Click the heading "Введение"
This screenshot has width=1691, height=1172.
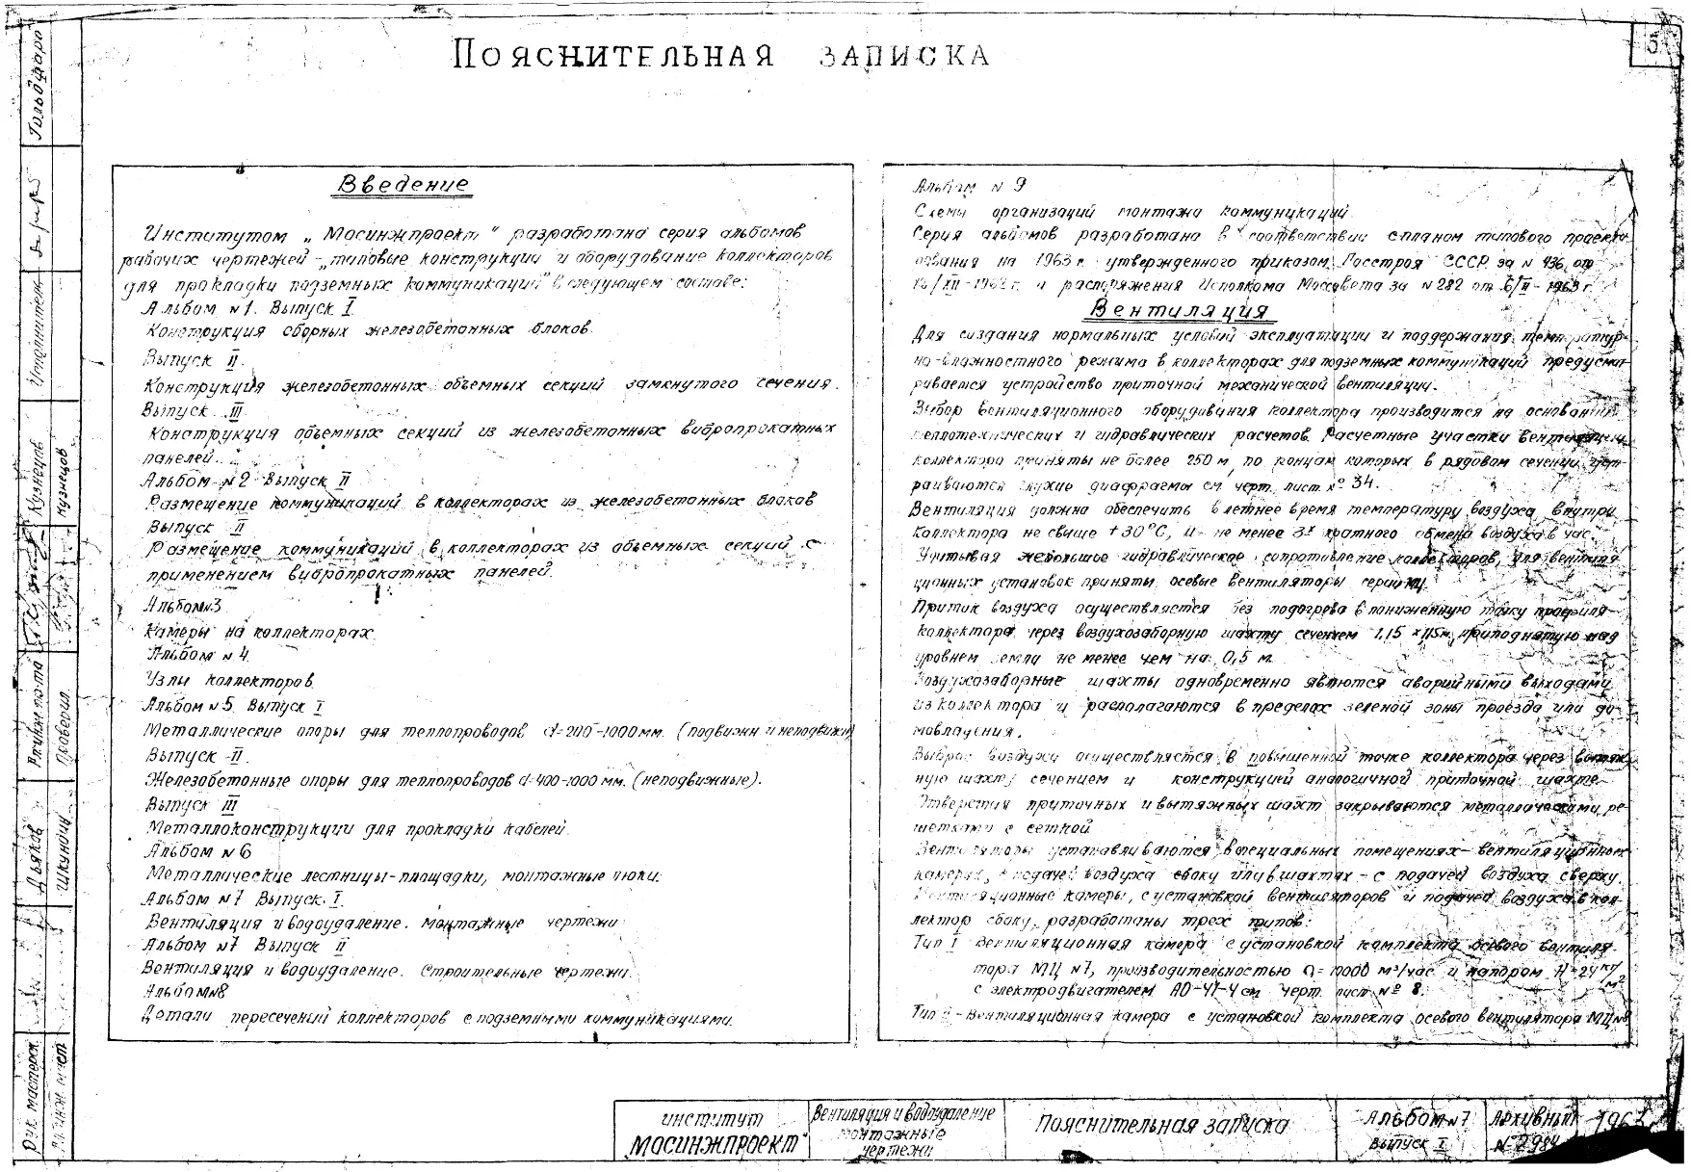tap(405, 184)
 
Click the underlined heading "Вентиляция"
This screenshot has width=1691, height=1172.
tap(1178, 310)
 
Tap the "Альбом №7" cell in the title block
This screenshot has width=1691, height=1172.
tap(1418, 1119)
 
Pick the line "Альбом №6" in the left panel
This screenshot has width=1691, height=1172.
tap(198, 851)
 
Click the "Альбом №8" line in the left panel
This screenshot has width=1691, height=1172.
tap(184, 991)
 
